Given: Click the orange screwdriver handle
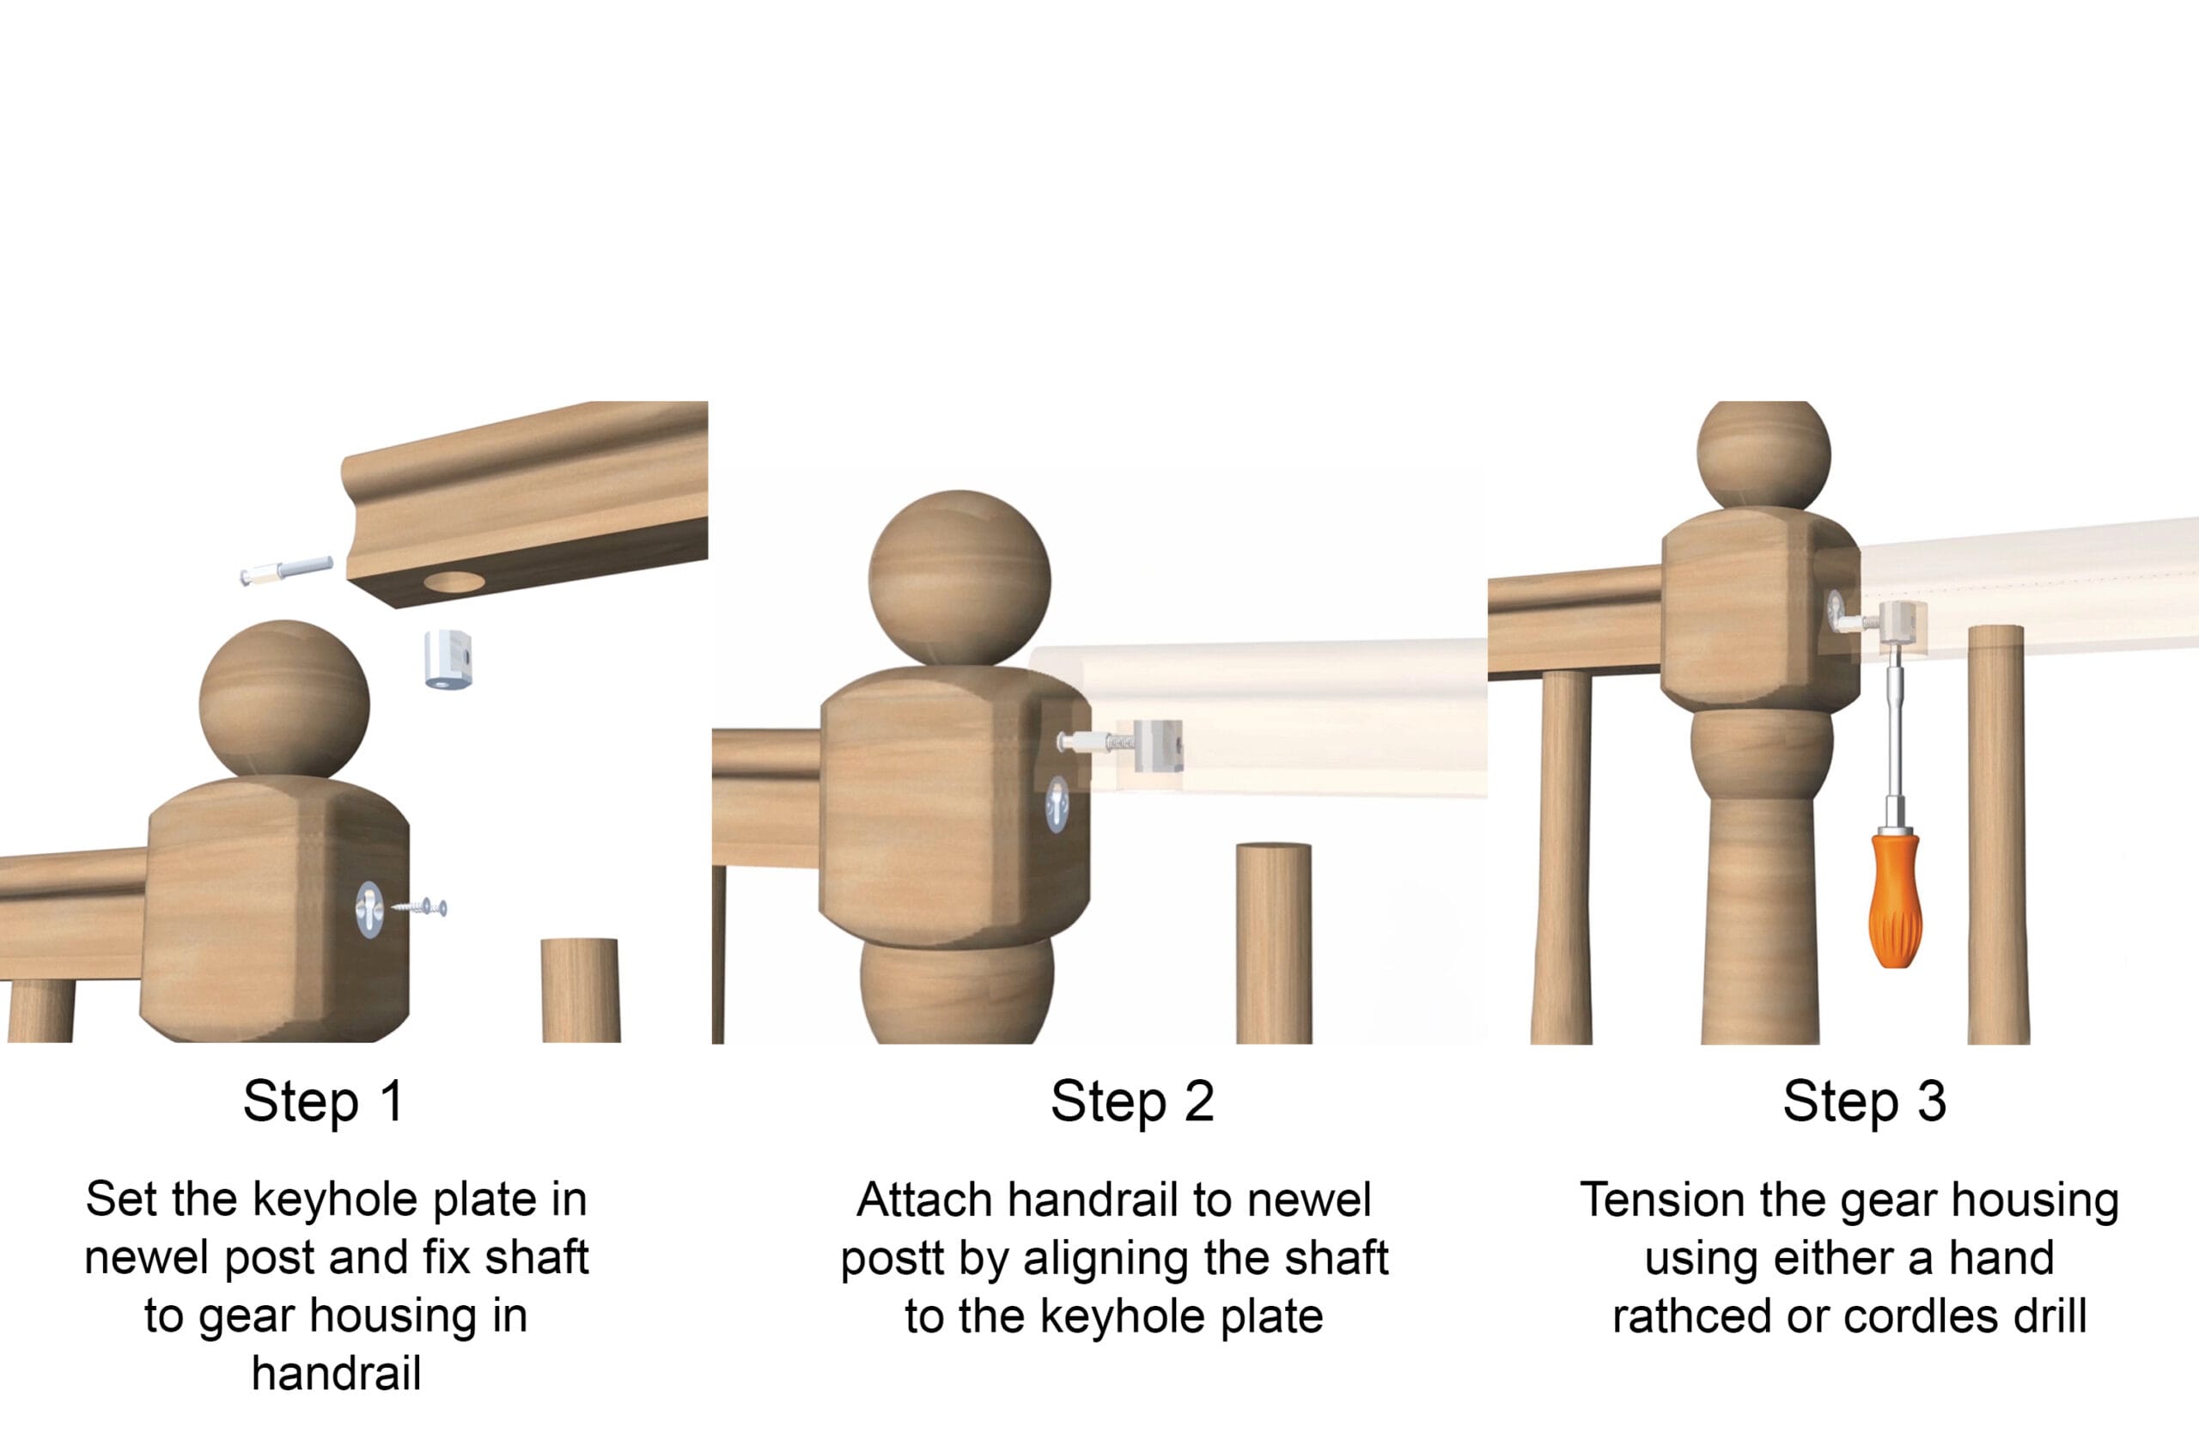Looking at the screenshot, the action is pyautogui.click(x=1894, y=900).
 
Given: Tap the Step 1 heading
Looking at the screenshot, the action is pyautogui.click(x=323, y=1101).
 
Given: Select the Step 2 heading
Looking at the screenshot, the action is pyautogui.click(x=1131, y=1101).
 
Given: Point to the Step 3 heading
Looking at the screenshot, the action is pyautogui.click(x=1865, y=1101).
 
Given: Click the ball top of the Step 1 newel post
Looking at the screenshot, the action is pyautogui.click(x=284, y=699).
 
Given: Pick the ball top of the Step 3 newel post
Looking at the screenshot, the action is pyautogui.click(x=1763, y=453).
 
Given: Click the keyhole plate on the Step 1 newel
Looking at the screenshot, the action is pyautogui.click(x=369, y=909).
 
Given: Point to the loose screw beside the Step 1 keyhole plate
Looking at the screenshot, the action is pyautogui.click(x=419, y=906).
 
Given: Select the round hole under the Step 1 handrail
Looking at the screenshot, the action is pyautogui.click(x=454, y=583).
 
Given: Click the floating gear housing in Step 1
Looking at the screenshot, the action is pyautogui.click(x=449, y=658).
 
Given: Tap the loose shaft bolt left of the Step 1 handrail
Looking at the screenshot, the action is pyautogui.click(x=286, y=570).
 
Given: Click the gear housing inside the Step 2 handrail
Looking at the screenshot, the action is pyautogui.click(x=1157, y=746).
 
